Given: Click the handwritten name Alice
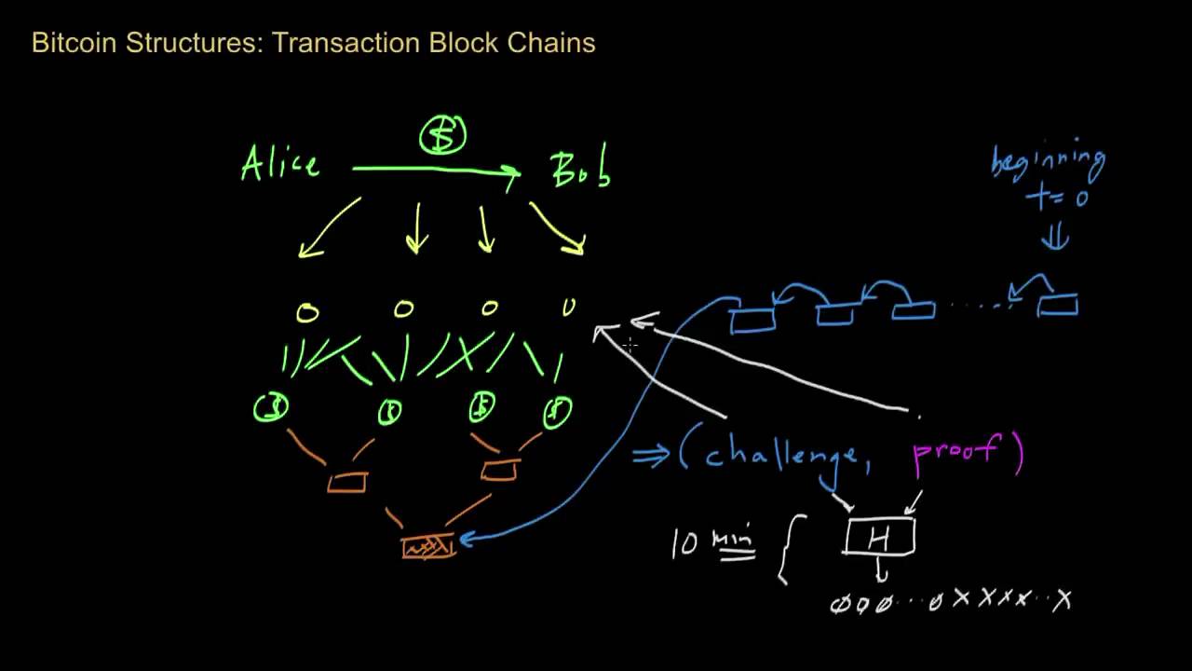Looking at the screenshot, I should click(280, 164).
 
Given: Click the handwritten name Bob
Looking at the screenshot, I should click(580, 170).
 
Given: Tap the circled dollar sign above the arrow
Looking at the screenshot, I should click(442, 136).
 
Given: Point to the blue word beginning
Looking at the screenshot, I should click(1048, 164).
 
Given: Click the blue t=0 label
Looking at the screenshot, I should click(1056, 198).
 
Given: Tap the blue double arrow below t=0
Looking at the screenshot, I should click(1055, 239).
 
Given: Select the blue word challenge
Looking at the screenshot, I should click(780, 454).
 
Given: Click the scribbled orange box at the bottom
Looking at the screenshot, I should click(428, 546).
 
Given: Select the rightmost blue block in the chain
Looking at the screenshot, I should click(1058, 305).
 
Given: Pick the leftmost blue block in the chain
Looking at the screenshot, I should click(752, 320).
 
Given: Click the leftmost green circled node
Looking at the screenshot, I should click(271, 408).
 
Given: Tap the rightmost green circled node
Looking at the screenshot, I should click(557, 411).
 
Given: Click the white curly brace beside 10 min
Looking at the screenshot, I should click(787, 554).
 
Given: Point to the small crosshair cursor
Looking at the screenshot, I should click(630, 345).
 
